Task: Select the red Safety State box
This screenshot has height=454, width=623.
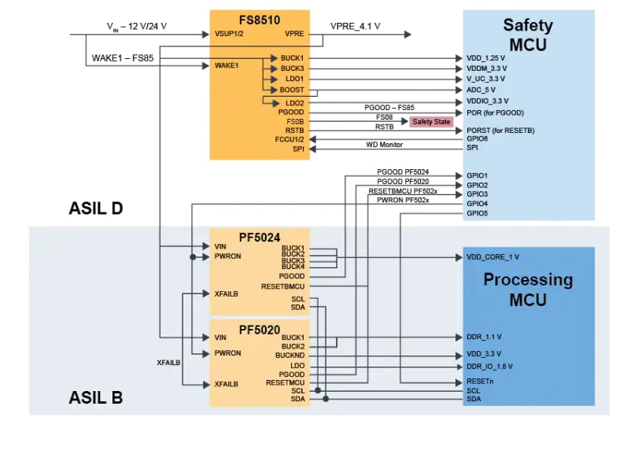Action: [x=432, y=122]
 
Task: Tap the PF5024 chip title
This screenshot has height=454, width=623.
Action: [x=260, y=235]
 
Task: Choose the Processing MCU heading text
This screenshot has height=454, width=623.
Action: [x=528, y=289]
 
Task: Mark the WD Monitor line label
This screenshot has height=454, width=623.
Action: [x=384, y=144]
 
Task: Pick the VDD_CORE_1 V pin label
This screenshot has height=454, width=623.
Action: [x=492, y=257]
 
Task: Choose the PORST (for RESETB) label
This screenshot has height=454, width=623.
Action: [x=500, y=130]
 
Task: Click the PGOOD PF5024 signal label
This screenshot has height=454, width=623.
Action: [x=403, y=172]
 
